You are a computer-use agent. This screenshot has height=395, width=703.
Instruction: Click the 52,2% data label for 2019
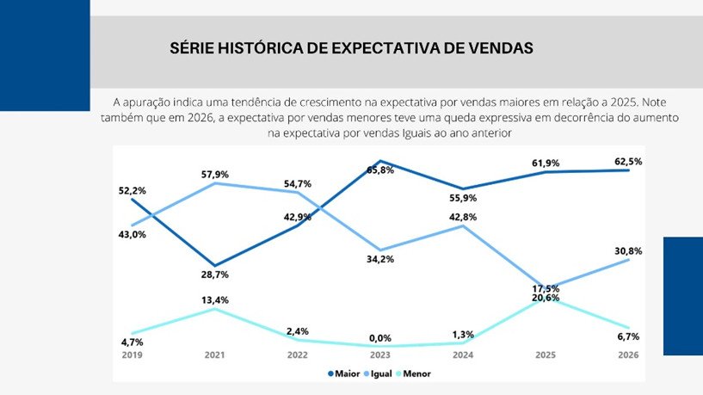[132, 190]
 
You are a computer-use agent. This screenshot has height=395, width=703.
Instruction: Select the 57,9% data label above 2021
[216, 174]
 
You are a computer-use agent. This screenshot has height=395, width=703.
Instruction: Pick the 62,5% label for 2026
[628, 161]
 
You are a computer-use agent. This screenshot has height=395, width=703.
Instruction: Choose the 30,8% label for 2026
[628, 250]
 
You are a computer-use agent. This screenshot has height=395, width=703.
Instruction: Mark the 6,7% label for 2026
[628, 336]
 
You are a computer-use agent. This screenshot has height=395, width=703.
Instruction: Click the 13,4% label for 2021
[214, 299]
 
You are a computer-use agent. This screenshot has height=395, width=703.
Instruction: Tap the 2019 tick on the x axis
[132, 355]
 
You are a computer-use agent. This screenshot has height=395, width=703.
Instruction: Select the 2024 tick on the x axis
[463, 355]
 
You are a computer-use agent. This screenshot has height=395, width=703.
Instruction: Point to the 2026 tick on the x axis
[628, 355]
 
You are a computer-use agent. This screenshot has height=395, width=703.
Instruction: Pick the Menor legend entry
[416, 374]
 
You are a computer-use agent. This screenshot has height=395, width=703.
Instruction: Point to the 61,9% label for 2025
[546, 162]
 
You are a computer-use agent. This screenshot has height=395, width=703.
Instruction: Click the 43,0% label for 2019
[132, 234]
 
